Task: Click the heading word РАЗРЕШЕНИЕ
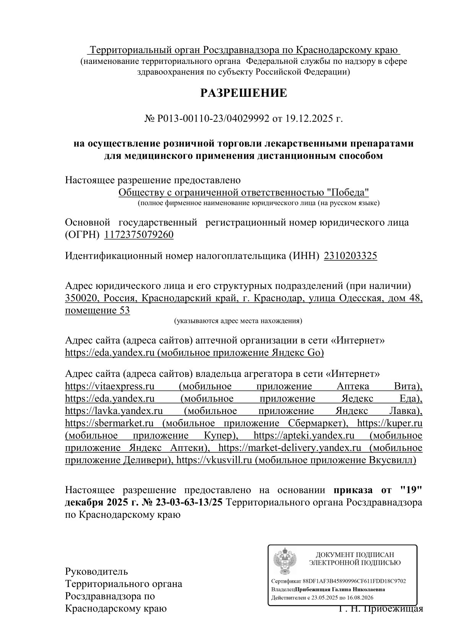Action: coord(244,93)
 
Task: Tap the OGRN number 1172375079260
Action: coord(139,235)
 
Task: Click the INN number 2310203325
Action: coord(350,256)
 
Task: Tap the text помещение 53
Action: coord(97,310)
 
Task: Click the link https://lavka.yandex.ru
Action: coord(114,411)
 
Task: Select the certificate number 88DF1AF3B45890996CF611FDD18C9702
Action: coord(354,581)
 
